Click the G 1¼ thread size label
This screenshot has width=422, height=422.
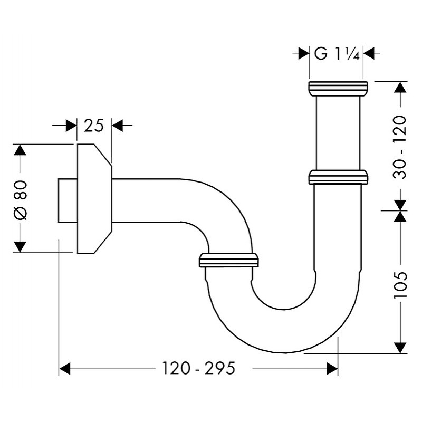tap(337, 54)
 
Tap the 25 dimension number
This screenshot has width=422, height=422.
tap(93, 126)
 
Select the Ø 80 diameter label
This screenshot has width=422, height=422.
tap(21, 200)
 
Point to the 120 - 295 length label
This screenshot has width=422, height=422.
tap(199, 368)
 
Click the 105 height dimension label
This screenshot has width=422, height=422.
tap(400, 284)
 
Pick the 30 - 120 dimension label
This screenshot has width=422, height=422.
tap(400, 147)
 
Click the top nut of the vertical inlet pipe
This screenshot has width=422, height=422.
tap(338, 88)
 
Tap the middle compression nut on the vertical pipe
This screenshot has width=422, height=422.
tap(338, 177)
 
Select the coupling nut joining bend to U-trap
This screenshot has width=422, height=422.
tap(229, 260)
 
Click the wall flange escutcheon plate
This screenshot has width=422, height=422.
tap(94, 199)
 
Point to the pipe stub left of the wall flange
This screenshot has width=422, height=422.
tap(68, 200)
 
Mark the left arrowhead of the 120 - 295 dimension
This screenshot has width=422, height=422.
tap(64, 369)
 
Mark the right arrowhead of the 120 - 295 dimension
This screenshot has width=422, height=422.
tap(332, 369)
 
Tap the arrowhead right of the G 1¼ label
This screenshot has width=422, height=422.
tap(369, 53)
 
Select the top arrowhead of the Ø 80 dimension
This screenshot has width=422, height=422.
tap(20, 150)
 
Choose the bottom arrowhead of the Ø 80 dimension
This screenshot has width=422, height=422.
tap(20, 247)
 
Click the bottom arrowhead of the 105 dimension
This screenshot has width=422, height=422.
tap(400, 348)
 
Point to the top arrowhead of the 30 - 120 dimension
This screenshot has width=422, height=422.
tap(400, 87)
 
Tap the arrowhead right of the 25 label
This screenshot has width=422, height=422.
tap(117, 126)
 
